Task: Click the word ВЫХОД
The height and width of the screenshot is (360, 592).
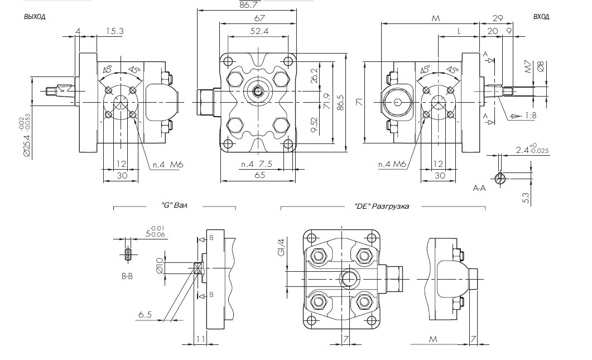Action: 34,17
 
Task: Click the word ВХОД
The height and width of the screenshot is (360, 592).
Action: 541,17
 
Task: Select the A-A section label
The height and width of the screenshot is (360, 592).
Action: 480,189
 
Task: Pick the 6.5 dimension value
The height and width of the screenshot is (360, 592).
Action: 145,315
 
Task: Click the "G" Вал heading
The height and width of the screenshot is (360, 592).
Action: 174,206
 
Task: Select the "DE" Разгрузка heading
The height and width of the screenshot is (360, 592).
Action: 382,206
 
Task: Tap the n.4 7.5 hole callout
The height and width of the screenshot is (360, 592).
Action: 256,164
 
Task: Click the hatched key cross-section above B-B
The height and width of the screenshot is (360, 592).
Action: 128,255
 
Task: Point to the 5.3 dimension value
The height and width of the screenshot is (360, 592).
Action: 525,197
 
